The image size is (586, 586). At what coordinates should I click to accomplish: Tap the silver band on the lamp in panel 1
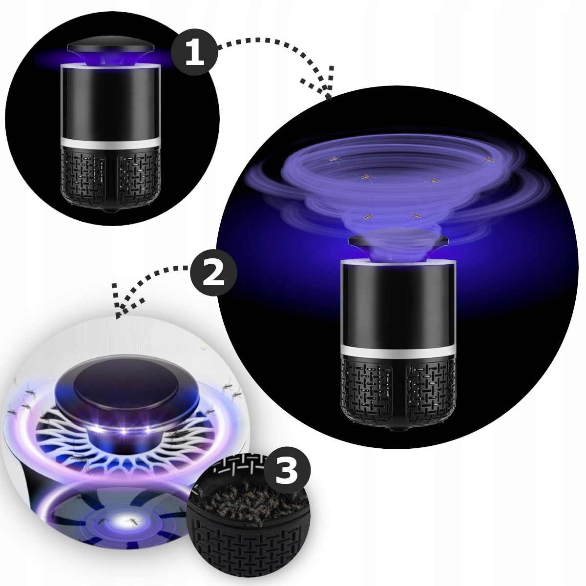tap(111, 143)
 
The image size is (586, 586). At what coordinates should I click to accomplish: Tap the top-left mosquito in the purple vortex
tap(334, 159)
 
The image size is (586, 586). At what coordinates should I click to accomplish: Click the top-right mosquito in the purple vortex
tap(488, 159)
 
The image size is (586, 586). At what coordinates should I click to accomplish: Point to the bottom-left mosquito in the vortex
tap(368, 217)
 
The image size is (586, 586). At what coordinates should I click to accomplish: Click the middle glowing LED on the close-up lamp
tap(123, 431)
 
